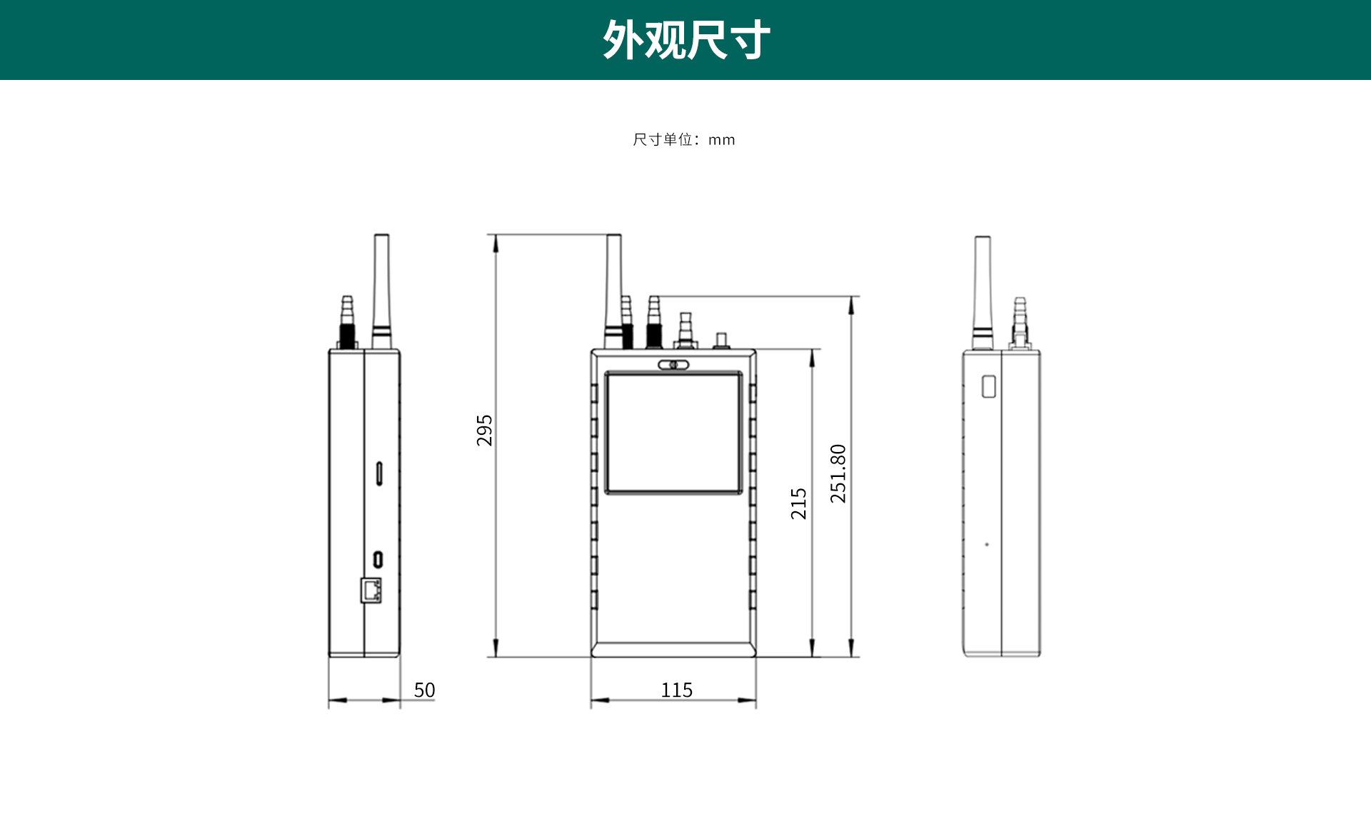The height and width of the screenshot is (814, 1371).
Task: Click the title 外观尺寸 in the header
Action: pos(685,40)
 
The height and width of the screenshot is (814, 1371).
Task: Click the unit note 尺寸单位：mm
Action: pos(683,140)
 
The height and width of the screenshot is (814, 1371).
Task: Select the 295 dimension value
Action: pos(485,431)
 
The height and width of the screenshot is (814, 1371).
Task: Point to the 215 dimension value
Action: pos(799,503)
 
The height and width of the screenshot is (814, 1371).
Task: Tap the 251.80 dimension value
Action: pos(838,473)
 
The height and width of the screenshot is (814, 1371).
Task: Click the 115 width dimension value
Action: pos(676,690)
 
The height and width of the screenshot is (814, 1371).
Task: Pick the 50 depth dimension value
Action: pos(424,690)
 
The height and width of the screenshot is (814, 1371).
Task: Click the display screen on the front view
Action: pos(673,433)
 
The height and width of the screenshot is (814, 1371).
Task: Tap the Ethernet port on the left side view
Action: pos(371,591)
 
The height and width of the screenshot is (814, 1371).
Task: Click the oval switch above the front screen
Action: pos(673,365)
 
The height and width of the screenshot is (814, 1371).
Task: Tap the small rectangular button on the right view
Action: pos(988,386)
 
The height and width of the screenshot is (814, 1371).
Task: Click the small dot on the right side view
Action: pos(987,545)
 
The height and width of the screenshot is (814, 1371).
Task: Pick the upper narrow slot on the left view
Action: pos(379,473)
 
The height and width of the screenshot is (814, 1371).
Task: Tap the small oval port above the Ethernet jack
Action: pos(378,559)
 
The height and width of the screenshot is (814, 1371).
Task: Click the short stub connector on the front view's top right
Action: pos(721,340)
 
